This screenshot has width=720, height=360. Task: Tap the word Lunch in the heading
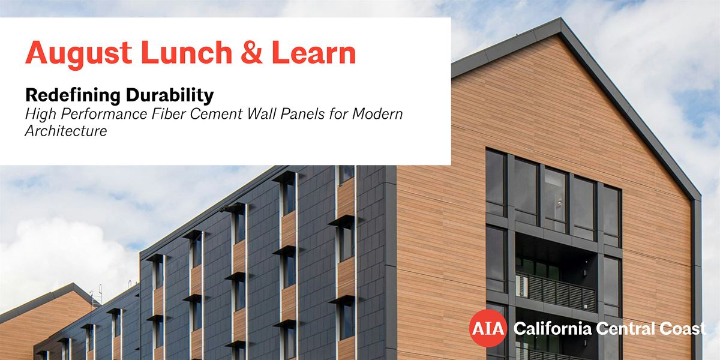click(187, 52)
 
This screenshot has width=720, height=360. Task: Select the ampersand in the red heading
click(251, 52)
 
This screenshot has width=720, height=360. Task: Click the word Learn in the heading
click(314, 52)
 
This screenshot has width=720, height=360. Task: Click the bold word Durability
click(170, 96)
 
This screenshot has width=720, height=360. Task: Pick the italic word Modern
click(377, 114)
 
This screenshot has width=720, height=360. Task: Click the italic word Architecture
click(66, 131)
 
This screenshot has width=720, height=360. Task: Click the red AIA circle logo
click(488, 328)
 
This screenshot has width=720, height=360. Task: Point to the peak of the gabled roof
click(561, 19)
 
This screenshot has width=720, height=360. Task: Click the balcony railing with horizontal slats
click(556, 292)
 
